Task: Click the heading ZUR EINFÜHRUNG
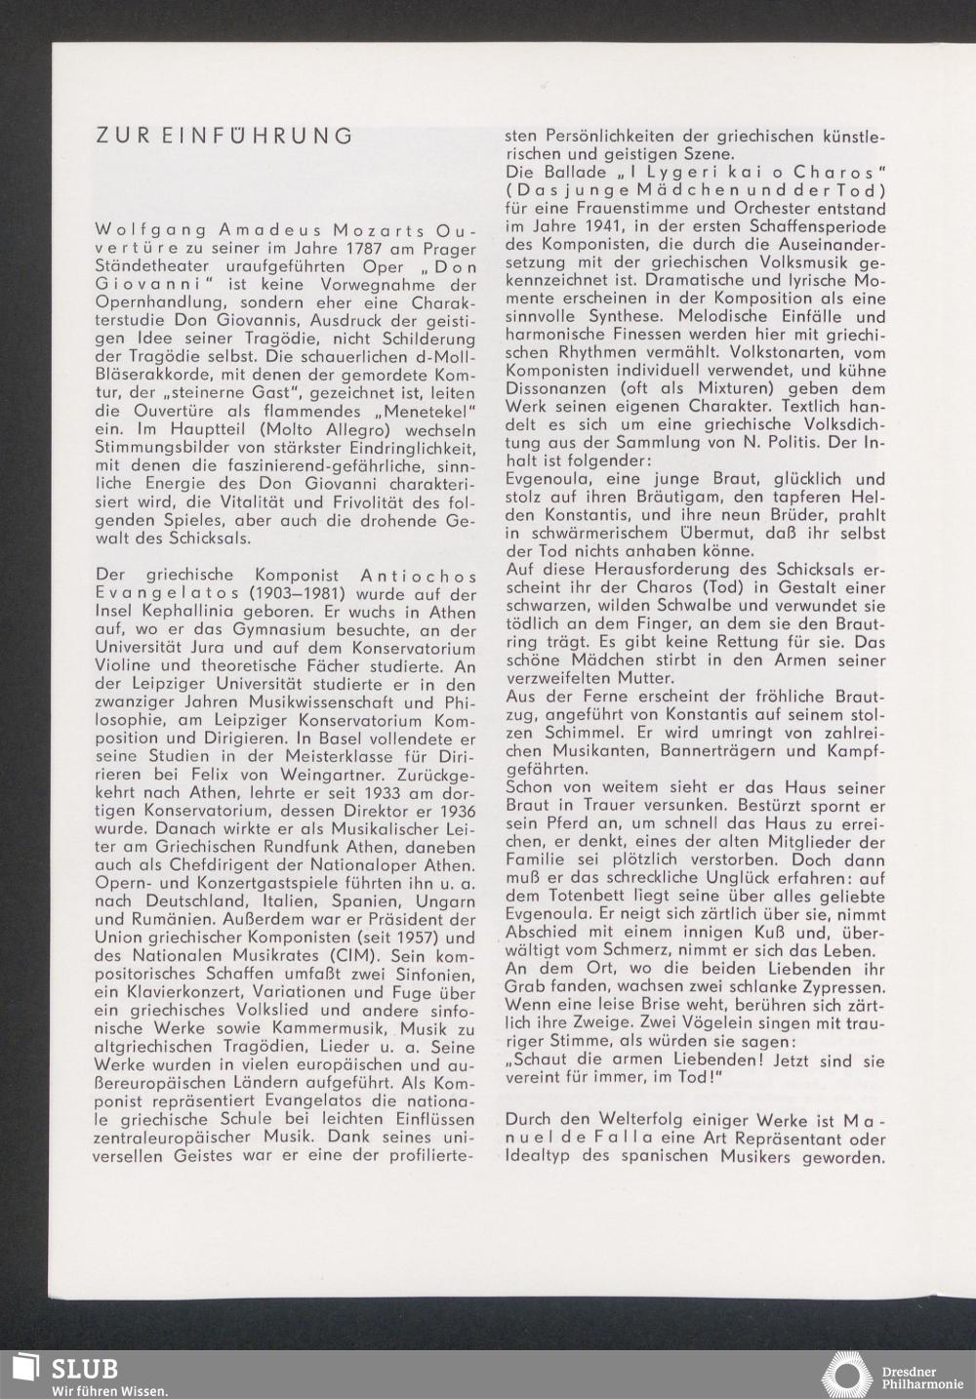(224, 136)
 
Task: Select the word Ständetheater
(145, 266)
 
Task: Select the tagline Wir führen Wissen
(109, 1389)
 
